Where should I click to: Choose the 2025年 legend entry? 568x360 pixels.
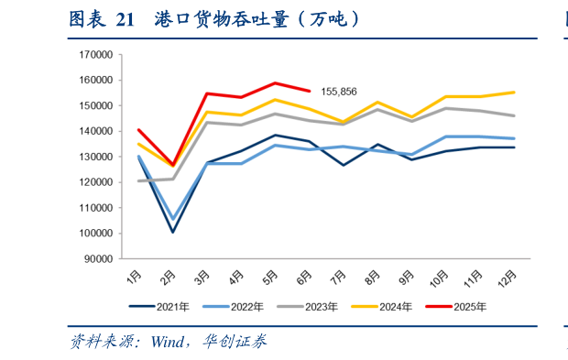(x=466, y=306)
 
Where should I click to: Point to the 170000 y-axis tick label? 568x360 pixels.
(x=96, y=55)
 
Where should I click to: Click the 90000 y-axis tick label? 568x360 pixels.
(x=99, y=259)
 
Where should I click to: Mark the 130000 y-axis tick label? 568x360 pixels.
(x=96, y=157)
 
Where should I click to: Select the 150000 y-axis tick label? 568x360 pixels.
(x=96, y=105)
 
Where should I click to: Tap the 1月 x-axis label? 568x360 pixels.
(x=134, y=276)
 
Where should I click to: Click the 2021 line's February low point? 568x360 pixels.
(x=173, y=232)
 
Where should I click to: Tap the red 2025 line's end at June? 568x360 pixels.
(x=311, y=91)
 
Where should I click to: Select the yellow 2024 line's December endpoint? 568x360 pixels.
(x=514, y=93)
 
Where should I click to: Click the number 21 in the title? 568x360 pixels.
(x=126, y=19)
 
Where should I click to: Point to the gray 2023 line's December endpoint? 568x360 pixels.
(x=514, y=115)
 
